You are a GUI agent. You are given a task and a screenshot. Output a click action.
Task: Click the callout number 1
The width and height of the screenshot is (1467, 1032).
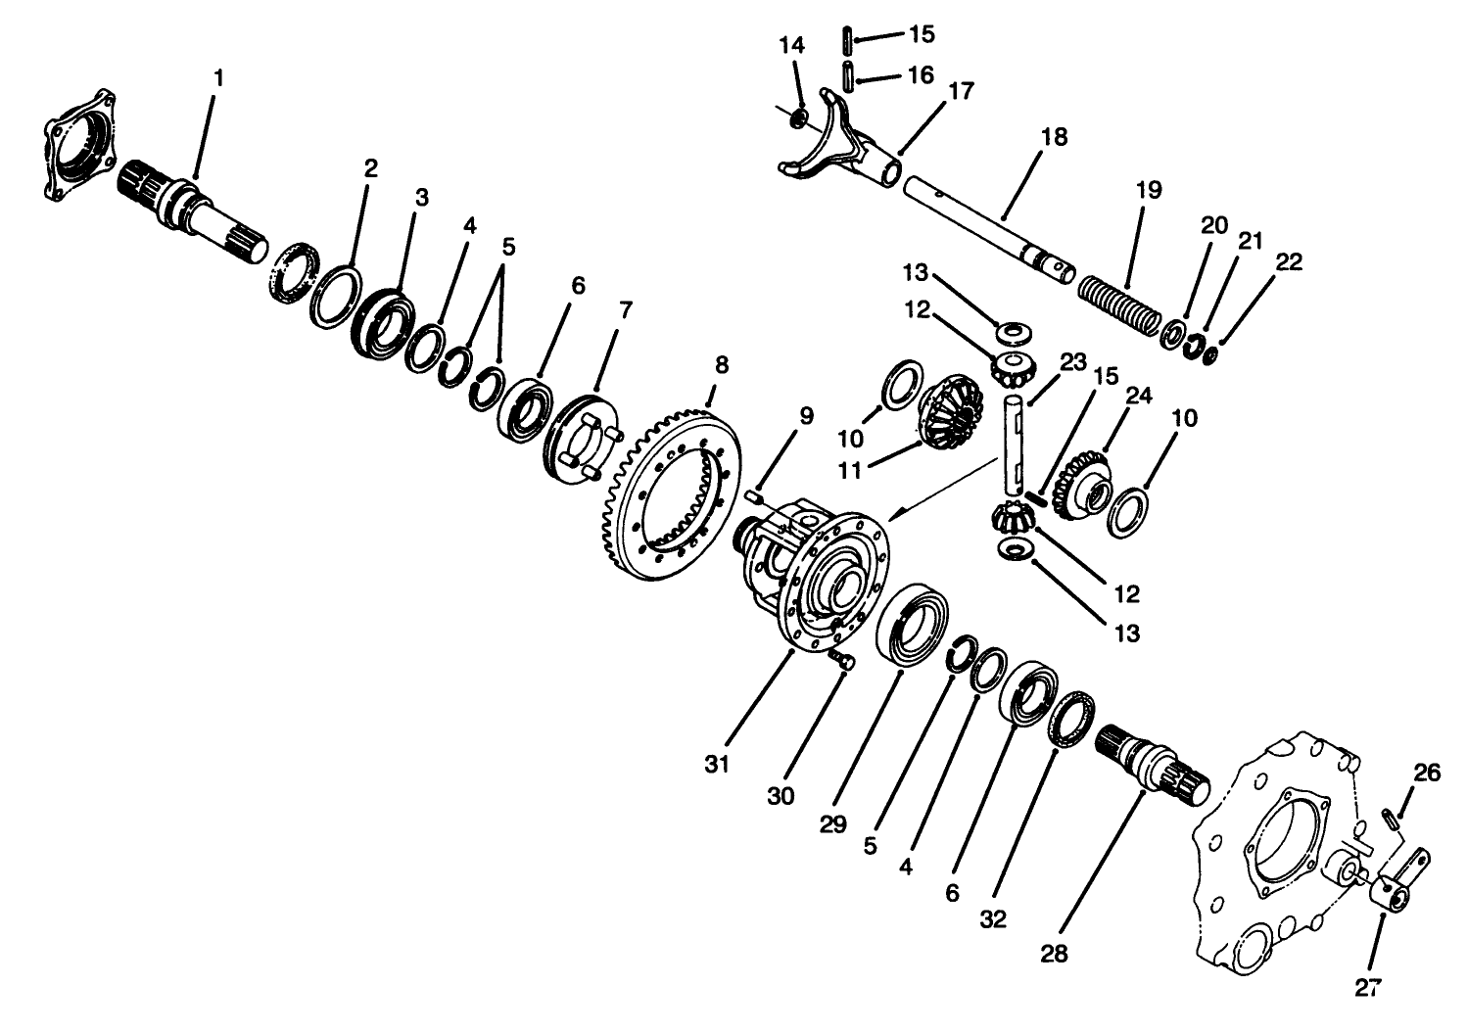(217, 77)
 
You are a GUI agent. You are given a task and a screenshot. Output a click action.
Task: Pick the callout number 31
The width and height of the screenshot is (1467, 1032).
(717, 764)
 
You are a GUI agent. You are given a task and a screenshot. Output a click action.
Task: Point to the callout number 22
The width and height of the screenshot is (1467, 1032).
(1290, 260)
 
